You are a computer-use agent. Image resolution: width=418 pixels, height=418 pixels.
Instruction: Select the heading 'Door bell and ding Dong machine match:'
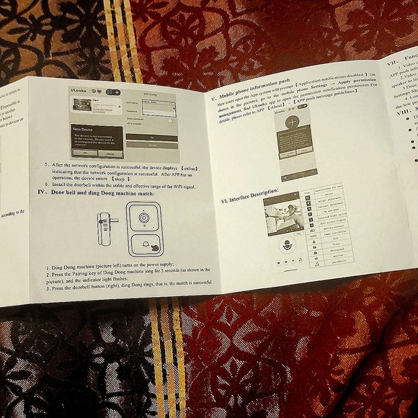pyautogui.click(x=104, y=192)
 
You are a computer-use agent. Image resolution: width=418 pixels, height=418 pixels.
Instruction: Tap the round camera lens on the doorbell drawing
pyautogui.click(x=145, y=218)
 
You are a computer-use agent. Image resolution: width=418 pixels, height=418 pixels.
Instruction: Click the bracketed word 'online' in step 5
pyautogui.click(x=189, y=168)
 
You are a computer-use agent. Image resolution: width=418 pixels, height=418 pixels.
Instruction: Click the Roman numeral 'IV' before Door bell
pyautogui.click(x=41, y=193)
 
